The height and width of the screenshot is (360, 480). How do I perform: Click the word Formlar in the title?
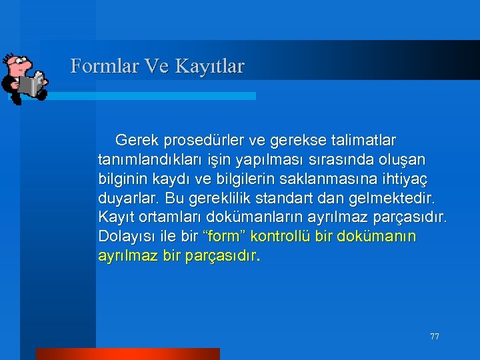(x=97, y=66)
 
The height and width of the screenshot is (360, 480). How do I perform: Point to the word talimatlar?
(x=361, y=141)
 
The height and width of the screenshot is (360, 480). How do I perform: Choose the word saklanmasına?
(x=329, y=179)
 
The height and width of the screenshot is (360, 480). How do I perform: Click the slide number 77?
(x=435, y=337)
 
